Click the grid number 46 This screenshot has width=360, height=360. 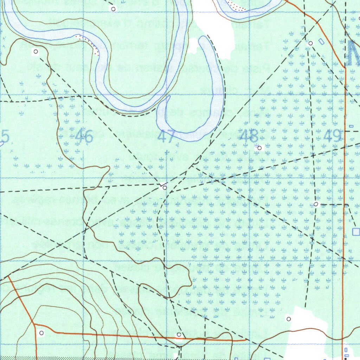click(x=84, y=136)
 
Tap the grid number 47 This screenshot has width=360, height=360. click(x=166, y=136)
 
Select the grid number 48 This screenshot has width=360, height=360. click(x=249, y=136)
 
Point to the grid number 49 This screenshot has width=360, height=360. click(x=332, y=136)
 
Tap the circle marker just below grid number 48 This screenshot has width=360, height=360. click(x=259, y=148)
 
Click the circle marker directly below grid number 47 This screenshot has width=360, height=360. click(x=164, y=188)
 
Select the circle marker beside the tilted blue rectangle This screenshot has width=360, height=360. click(x=310, y=43)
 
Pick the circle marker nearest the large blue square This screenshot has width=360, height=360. click(x=316, y=204)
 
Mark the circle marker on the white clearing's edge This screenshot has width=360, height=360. click(x=289, y=319)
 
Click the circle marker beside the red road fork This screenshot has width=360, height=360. click(x=41, y=333)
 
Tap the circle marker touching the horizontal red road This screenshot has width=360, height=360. click(x=179, y=334)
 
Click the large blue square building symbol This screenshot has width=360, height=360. click(x=356, y=232)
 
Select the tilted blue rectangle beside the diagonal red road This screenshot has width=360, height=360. click(x=321, y=41)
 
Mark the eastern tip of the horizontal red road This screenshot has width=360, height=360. click(x=245, y=340)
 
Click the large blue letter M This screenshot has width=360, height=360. click(x=353, y=53)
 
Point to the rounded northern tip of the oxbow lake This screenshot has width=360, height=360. click(x=204, y=39)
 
